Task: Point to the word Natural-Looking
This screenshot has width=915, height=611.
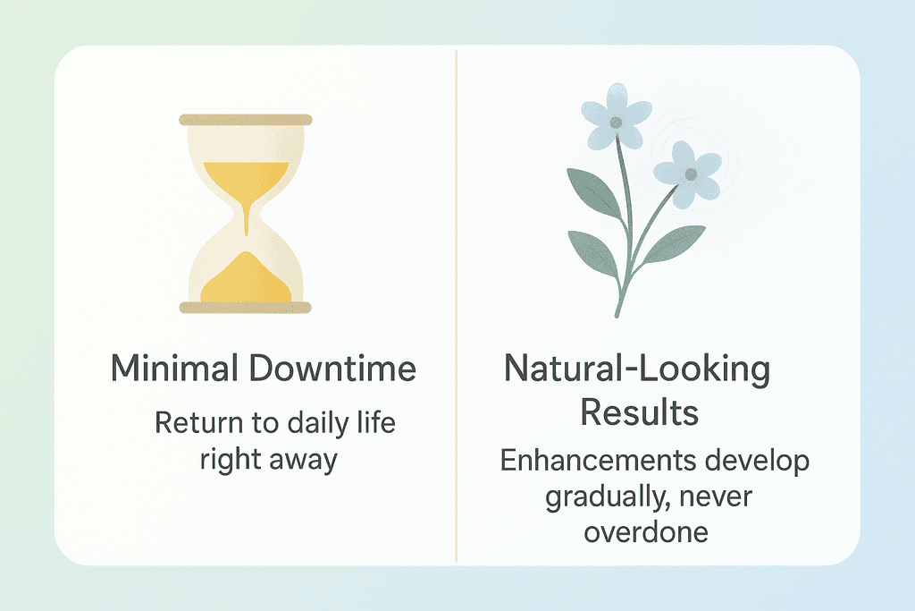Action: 637,369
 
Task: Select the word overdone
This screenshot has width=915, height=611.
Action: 646,531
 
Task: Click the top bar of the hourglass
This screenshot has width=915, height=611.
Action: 246,119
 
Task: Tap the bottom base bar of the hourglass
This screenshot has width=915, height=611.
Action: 246,308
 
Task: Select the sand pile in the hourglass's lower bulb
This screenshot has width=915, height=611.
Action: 246,279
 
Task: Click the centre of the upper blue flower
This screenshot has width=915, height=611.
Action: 616,121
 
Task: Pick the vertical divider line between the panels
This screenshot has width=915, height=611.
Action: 457,304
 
